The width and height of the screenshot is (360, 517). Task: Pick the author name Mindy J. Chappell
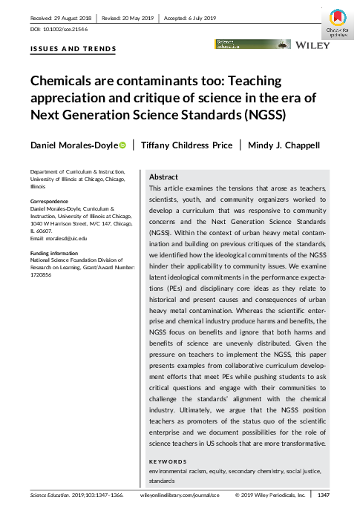[285, 145]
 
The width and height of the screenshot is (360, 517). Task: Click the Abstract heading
[163, 178]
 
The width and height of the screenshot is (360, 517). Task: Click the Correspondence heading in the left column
[50, 201]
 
